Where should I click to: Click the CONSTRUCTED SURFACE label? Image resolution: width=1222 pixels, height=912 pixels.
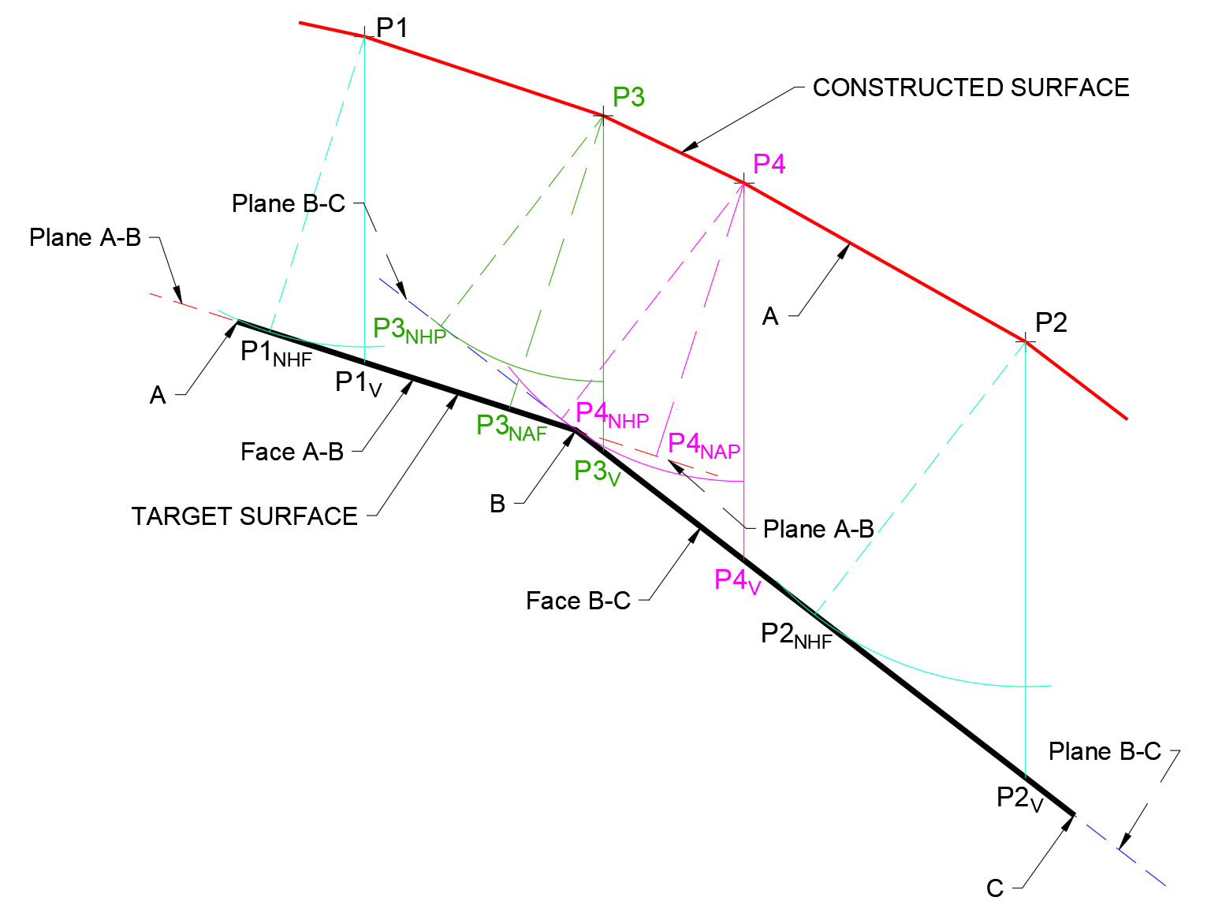coord(971,87)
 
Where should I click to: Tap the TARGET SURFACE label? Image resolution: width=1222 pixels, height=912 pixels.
coord(244,516)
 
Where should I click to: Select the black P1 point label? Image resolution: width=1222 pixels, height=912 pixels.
coord(392,28)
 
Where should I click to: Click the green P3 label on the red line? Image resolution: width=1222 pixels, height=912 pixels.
coord(628,98)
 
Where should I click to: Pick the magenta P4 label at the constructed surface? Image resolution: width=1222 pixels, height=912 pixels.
coord(769,164)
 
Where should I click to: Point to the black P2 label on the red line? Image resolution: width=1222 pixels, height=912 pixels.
coord(1051,322)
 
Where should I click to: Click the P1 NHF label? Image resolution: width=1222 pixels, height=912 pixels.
coord(276,353)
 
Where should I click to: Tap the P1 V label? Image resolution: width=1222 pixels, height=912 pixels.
coord(358,383)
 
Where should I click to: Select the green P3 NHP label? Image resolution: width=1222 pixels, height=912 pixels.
coord(409,330)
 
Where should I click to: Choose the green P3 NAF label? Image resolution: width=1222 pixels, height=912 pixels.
coord(511,427)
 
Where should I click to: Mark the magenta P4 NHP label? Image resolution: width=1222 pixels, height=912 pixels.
coord(612,415)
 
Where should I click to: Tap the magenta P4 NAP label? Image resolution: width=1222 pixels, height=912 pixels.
coord(703,445)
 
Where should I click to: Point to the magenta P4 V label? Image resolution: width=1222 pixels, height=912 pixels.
coord(737,582)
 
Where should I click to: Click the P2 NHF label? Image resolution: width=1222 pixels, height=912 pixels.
coord(796,635)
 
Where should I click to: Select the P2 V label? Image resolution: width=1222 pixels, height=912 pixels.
coord(1019,798)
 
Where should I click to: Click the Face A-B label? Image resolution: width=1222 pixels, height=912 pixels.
coord(292,452)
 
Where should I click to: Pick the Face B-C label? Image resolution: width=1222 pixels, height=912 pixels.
coord(578,601)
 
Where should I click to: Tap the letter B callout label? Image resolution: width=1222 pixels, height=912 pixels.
coord(497,504)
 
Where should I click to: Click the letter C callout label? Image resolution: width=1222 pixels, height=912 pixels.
coord(995,888)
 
